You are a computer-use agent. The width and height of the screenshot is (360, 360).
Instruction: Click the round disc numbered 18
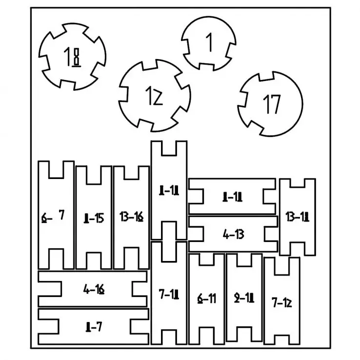pos(72,58)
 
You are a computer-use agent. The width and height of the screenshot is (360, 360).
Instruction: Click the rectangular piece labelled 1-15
pos(94,218)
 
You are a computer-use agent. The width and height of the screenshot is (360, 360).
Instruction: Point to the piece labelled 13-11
pos(297,217)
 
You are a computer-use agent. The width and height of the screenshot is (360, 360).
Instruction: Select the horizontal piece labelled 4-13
pos(233,234)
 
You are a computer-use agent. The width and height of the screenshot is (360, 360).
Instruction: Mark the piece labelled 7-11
pos(169,294)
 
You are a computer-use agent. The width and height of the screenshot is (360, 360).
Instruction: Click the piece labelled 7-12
pos(281,302)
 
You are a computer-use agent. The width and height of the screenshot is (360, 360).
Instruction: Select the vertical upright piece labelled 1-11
pos(169,191)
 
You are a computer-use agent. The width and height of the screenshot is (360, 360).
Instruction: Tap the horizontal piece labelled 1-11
pos(233,197)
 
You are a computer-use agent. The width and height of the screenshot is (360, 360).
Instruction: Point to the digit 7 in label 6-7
pos(61,215)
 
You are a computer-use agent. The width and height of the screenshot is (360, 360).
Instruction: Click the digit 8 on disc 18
pos(76,58)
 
